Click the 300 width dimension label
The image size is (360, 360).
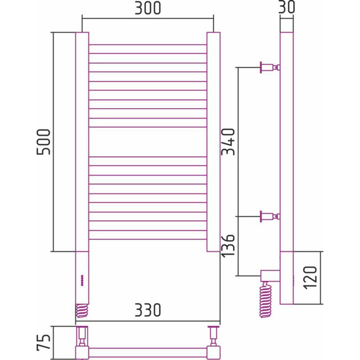147,9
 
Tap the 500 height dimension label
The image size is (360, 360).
44,143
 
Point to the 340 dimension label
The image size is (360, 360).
229,143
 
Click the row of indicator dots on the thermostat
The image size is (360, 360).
82,282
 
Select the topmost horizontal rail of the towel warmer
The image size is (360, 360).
147,45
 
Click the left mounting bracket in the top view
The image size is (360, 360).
82,333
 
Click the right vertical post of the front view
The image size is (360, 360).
213,141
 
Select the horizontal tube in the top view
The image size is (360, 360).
147,349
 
